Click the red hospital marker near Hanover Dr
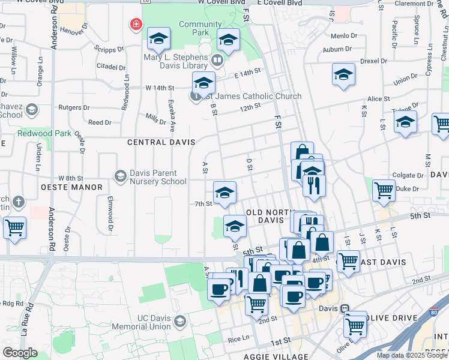[136, 25]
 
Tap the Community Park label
[196, 29]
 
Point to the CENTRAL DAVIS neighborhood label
[161, 142]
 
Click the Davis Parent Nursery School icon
[120, 175]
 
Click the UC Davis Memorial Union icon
[179, 323]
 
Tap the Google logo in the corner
[20, 352]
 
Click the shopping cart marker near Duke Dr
[384, 190]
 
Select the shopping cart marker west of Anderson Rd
[14, 227]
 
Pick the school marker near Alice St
[343, 74]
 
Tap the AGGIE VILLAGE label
[281, 356]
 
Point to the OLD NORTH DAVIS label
[270, 216]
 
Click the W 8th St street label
[70, 178]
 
